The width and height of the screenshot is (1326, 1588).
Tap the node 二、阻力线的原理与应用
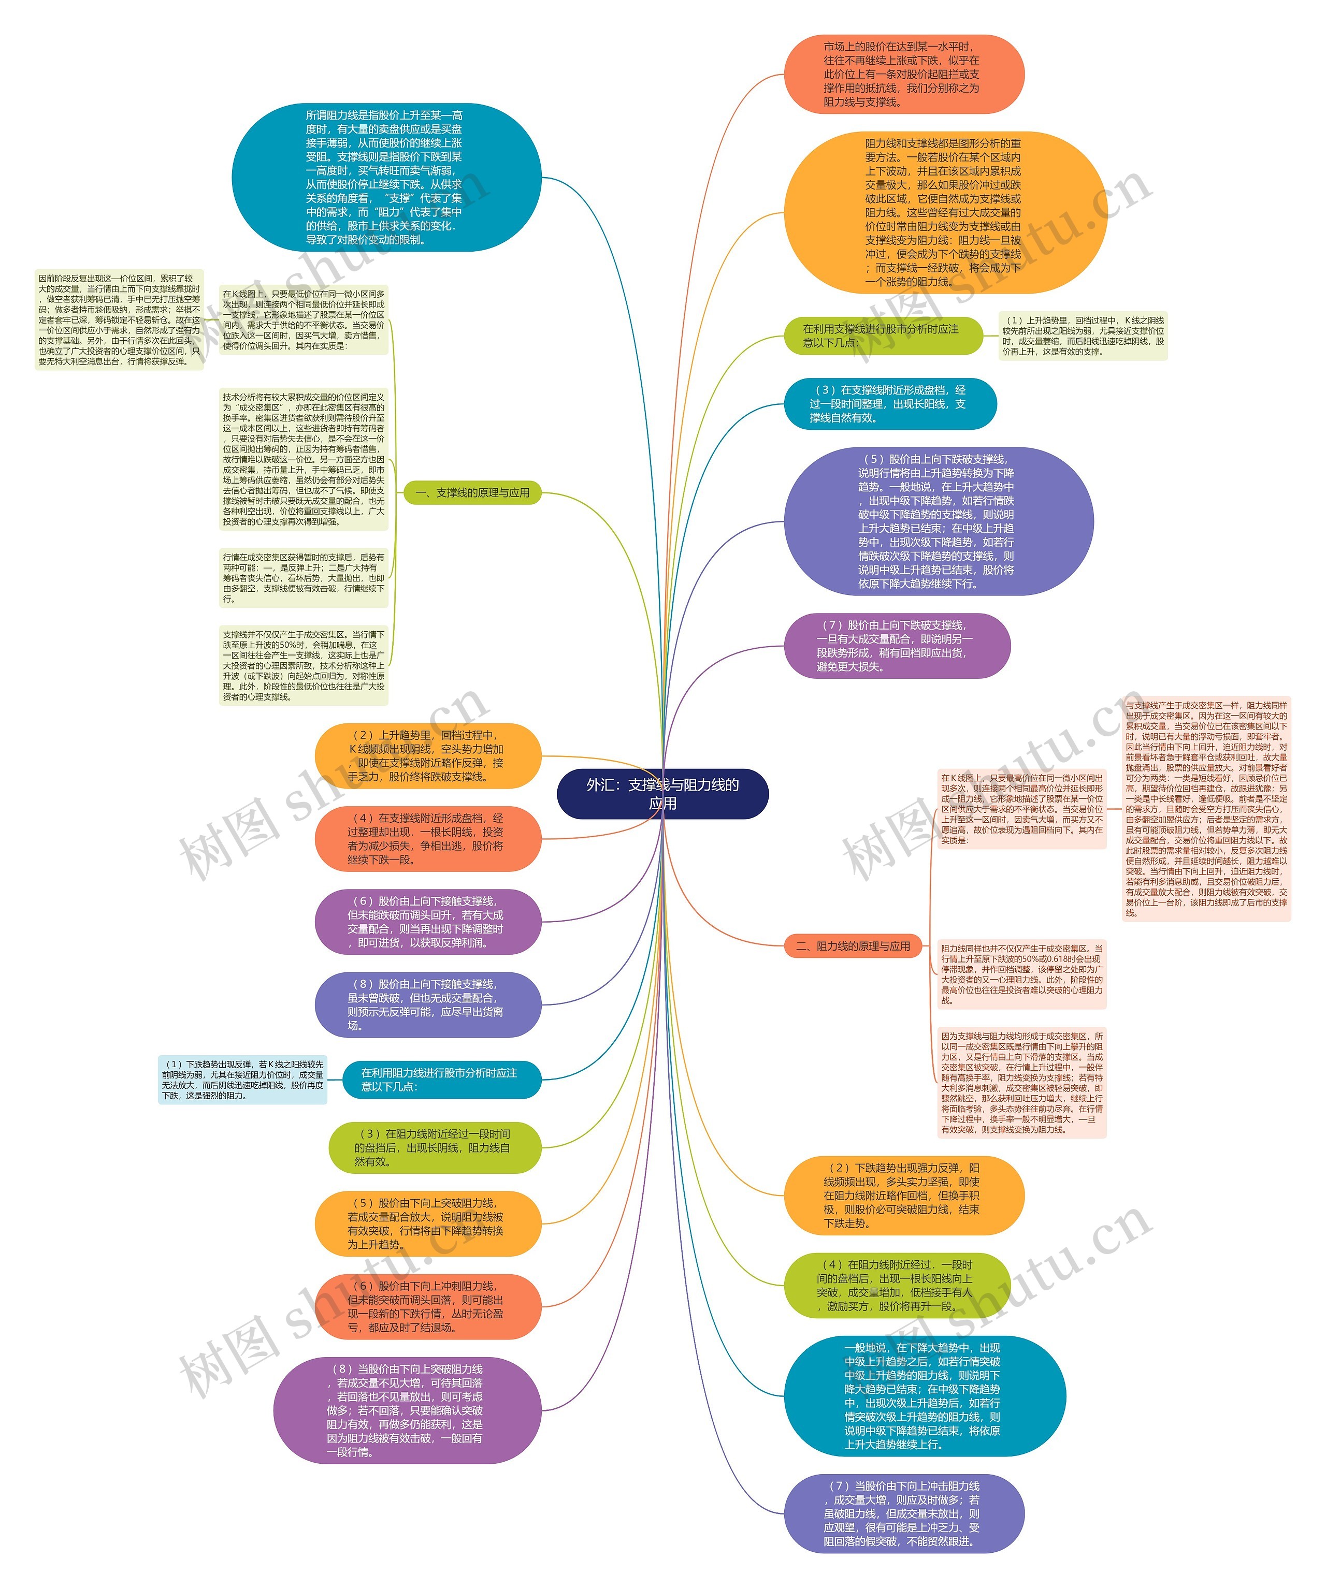(853, 946)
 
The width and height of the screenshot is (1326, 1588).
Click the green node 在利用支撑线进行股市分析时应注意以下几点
(883, 335)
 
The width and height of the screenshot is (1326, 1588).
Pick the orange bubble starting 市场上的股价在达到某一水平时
(903, 74)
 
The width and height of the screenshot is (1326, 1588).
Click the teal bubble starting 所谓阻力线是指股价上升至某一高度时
(386, 178)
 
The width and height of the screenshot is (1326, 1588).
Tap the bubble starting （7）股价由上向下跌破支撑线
(897, 646)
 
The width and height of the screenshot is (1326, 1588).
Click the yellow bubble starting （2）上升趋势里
(427, 755)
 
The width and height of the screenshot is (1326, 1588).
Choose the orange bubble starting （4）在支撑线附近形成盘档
(427, 839)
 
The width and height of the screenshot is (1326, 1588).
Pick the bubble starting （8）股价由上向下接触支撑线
(427, 1004)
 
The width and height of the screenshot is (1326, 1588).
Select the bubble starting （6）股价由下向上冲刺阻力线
(427, 1307)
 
